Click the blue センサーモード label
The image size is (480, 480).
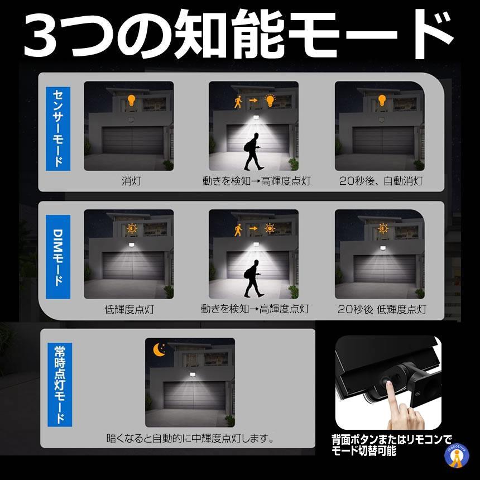point(58,128)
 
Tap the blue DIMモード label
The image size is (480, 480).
point(58,257)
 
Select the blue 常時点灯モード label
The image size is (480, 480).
point(60,385)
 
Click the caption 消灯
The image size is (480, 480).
point(131,181)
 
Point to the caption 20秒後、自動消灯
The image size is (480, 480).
point(381,181)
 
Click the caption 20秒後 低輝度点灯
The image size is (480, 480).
point(382,309)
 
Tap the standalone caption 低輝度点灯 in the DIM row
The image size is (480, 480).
point(129,309)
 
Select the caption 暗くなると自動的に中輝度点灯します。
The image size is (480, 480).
point(190,438)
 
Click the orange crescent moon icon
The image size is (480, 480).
point(159,349)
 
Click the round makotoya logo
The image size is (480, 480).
point(457,456)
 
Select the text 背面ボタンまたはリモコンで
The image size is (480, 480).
point(391,439)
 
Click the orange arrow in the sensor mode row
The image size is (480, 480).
point(253,100)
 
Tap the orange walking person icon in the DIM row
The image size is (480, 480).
point(238,229)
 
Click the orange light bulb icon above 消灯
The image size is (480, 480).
point(131,100)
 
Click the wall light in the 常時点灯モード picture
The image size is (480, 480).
point(192,374)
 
